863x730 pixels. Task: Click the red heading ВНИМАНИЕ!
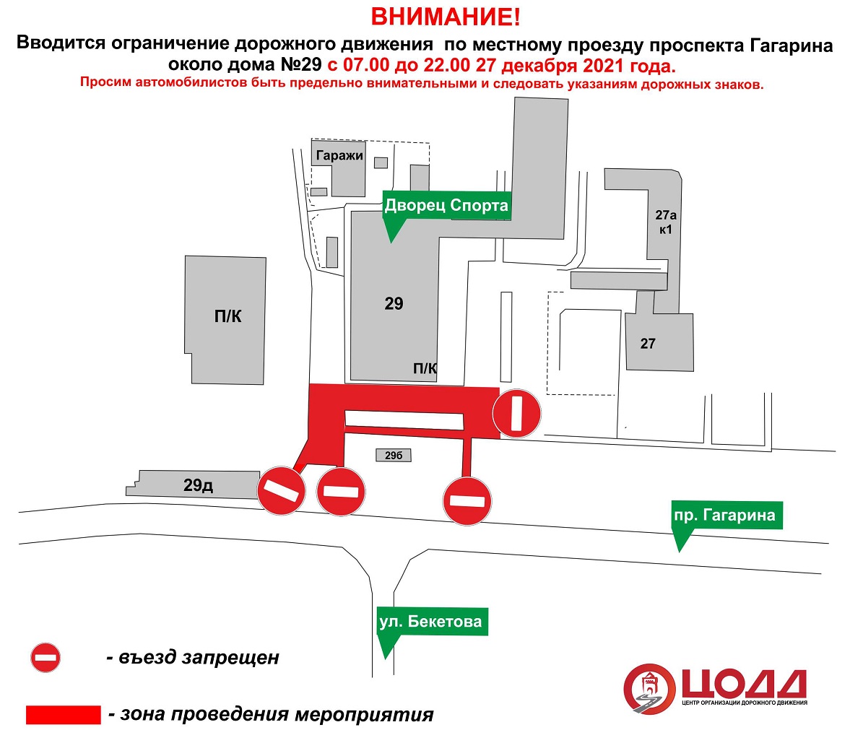click(x=446, y=17)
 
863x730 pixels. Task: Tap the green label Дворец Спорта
click(x=446, y=206)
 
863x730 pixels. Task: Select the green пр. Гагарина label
click(x=725, y=516)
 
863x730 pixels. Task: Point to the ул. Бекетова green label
click(x=431, y=622)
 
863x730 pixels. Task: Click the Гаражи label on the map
click(x=339, y=156)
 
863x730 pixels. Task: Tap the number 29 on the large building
click(x=394, y=304)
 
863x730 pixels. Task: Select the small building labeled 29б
click(x=394, y=455)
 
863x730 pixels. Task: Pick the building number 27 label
click(x=648, y=344)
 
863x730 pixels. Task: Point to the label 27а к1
click(x=665, y=222)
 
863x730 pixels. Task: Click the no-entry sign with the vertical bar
click(x=516, y=414)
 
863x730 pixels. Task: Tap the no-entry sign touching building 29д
click(x=281, y=491)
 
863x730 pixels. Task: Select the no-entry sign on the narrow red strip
click(x=467, y=501)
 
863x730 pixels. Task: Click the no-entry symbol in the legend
click(x=45, y=657)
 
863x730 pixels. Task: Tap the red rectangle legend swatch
click(x=64, y=715)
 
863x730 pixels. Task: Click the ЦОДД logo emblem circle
click(x=649, y=690)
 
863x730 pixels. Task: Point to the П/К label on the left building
click(x=228, y=316)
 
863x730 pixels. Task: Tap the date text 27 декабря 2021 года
click(x=576, y=66)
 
